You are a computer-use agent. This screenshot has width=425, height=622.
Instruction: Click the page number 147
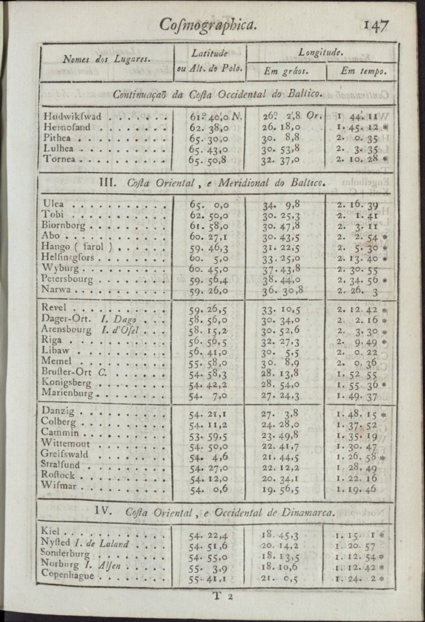click(375, 25)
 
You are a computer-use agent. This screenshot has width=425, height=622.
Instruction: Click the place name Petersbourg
click(67, 279)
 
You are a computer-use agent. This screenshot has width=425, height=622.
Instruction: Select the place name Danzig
click(58, 411)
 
